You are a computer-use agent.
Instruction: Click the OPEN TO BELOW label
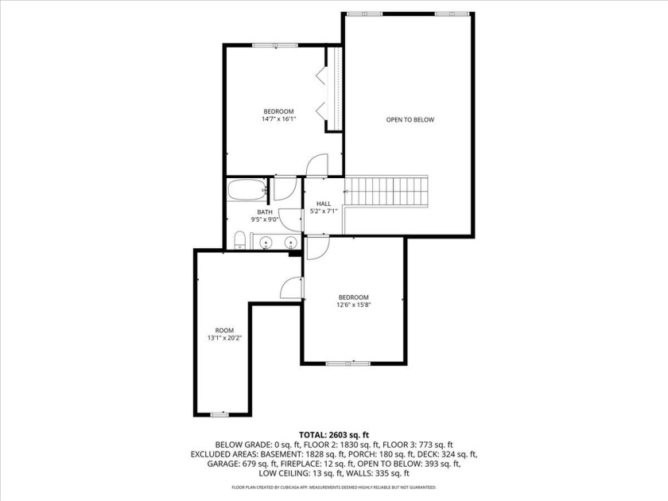[410, 120]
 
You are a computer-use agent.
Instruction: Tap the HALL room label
[324, 204]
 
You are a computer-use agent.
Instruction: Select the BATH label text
[265, 212]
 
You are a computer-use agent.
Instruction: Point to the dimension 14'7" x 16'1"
[278, 119]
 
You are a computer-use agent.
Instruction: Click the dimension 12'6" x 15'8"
[354, 305]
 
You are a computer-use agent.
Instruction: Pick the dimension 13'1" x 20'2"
[224, 338]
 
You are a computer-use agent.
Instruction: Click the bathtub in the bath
[247, 190]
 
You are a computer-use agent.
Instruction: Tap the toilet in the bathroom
[240, 241]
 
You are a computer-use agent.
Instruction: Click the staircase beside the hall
[386, 192]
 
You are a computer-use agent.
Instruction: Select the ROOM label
[224, 331]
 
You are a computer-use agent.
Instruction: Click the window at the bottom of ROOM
[219, 414]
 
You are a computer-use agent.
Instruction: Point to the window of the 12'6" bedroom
[348, 363]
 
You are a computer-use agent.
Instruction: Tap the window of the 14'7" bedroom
[275, 45]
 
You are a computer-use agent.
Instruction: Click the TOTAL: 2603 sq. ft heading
[334, 435]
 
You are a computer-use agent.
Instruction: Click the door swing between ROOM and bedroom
[292, 288]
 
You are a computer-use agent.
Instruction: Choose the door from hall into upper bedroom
[317, 165]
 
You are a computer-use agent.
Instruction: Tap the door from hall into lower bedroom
[318, 247]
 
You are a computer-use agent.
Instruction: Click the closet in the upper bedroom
[334, 88]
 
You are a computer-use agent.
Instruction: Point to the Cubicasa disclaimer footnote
[334, 487]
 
